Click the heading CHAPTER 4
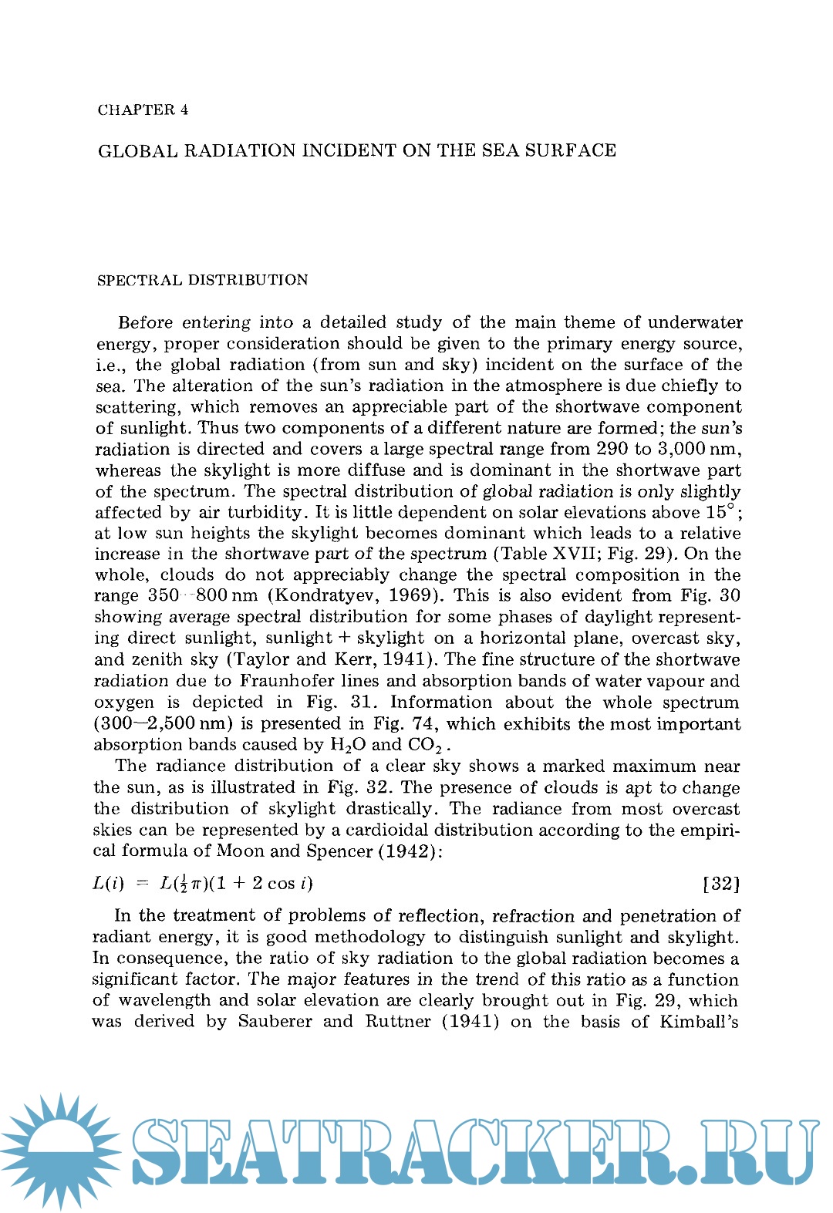(143, 110)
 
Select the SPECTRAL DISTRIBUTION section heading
(202, 280)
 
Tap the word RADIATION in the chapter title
(239, 150)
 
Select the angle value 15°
(723, 512)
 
